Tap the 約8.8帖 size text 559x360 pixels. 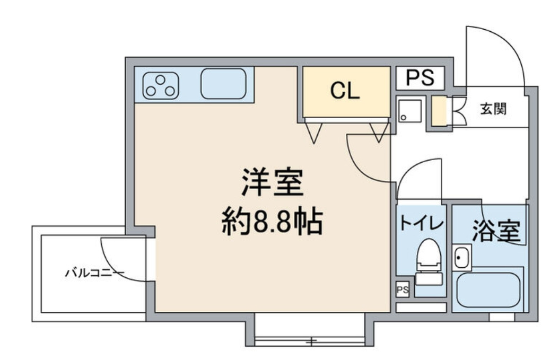coord(272,223)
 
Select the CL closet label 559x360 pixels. coord(345,91)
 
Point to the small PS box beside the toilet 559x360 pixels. coord(403,289)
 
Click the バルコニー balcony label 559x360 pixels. coord(94,273)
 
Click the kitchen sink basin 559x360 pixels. coord(223,84)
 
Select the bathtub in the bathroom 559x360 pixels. coord(488,289)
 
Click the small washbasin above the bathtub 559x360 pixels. coord(461,258)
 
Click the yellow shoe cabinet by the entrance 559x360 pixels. coord(439,111)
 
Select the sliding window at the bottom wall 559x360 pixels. coord(309,339)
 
